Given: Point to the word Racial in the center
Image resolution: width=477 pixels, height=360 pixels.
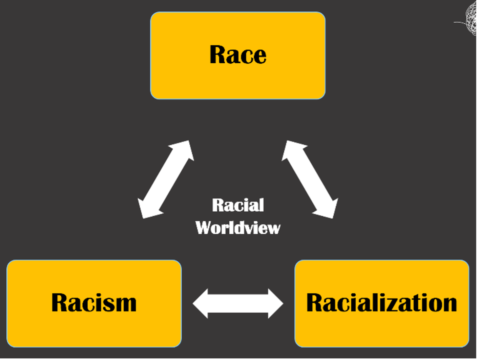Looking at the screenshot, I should coord(238,205).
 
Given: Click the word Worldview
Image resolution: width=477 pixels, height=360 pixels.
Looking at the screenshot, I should coord(238,228).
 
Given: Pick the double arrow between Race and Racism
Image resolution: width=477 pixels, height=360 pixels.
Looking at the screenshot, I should coord(166,179).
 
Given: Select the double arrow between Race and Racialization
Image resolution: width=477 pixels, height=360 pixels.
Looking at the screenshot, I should coord(310,179).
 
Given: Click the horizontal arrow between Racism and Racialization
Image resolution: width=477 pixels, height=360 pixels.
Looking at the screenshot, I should coord(238,303).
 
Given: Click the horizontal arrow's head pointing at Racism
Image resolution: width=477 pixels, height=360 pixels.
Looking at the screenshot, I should coord(201,303).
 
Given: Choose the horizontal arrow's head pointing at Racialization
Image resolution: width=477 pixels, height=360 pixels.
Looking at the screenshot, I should coord(275,303).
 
